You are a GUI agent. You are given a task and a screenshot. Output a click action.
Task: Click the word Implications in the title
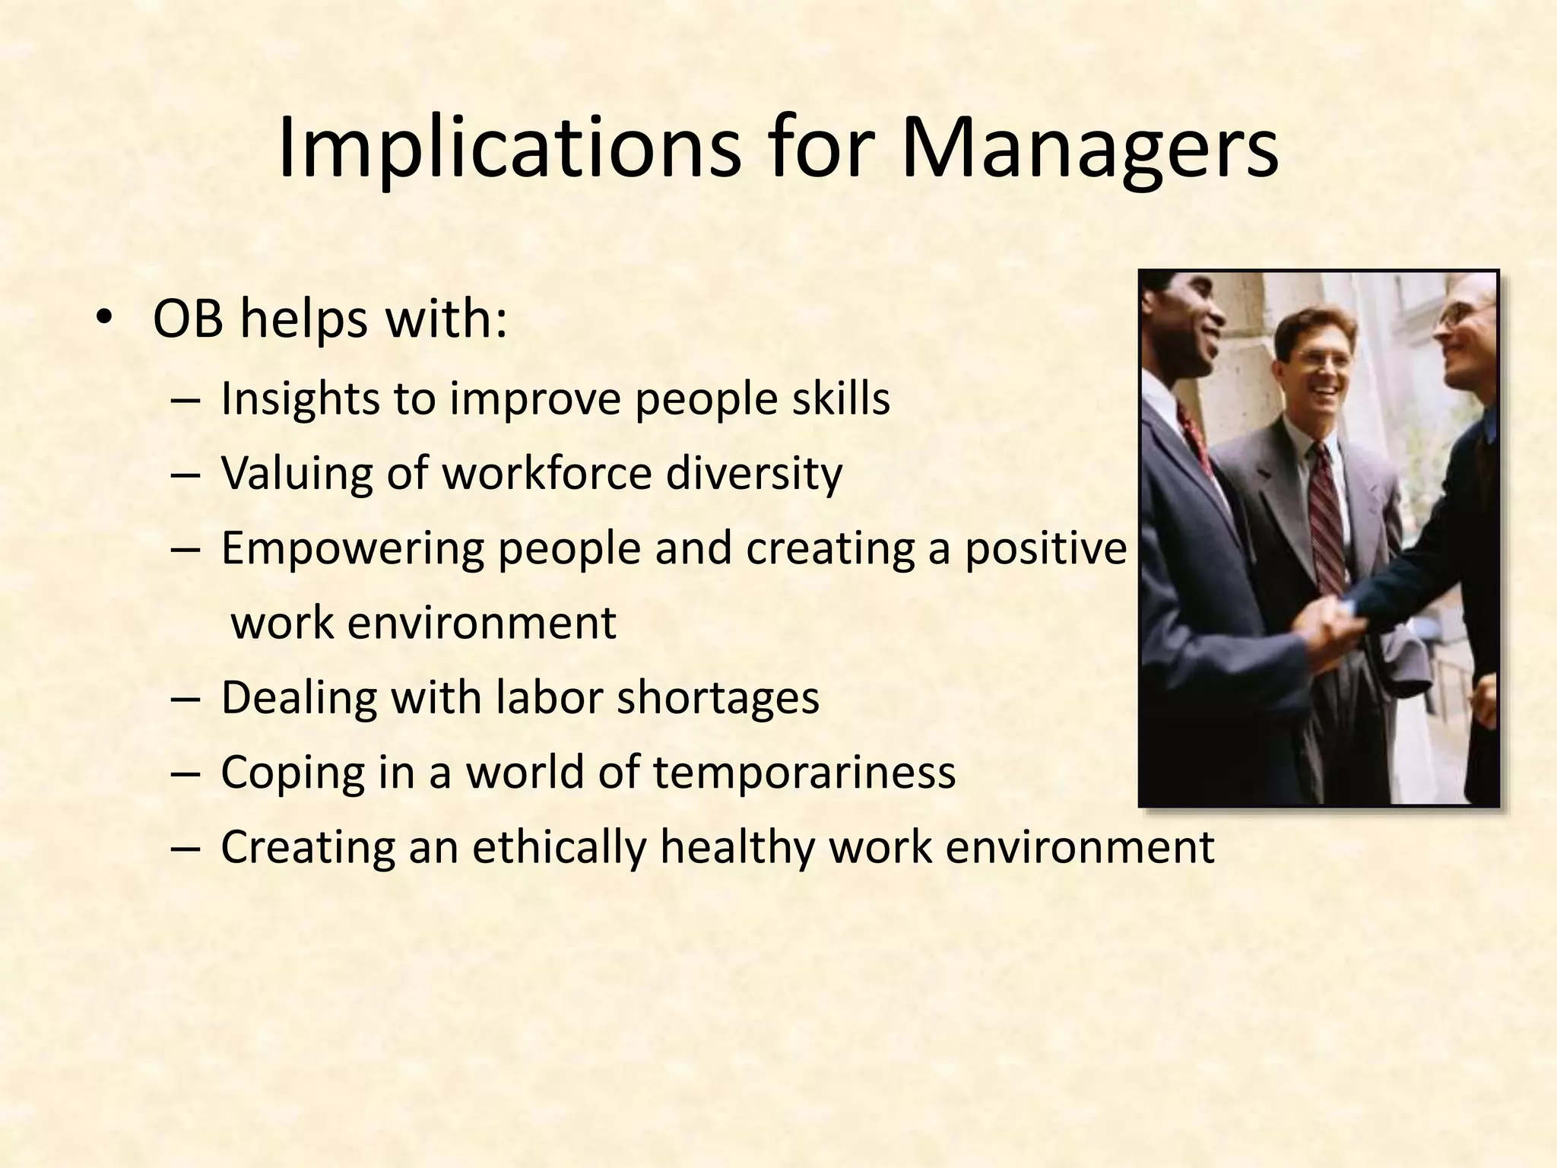tap(509, 149)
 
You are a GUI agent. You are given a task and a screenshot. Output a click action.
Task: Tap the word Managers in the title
tap(1089, 149)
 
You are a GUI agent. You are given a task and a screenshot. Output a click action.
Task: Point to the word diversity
tap(754, 473)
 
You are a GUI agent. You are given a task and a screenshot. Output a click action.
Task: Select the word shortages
tap(718, 697)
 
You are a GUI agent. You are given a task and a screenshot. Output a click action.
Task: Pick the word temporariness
tap(804, 772)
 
